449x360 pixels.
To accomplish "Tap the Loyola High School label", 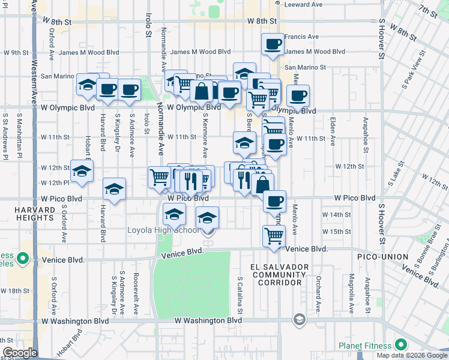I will [x=164, y=230].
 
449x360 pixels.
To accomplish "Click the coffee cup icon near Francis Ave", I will [x=273, y=44].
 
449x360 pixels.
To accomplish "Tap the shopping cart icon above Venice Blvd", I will [x=273, y=236].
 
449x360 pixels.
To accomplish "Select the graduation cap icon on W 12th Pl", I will [x=82, y=170].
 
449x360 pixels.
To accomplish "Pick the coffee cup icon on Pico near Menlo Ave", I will [x=274, y=201].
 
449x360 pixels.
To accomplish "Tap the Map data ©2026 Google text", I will [x=412, y=355].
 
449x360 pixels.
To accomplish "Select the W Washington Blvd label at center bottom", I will [x=208, y=321].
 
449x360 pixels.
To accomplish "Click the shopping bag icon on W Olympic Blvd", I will [x=202, y=91].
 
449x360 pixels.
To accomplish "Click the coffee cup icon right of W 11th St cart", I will [x=274, y=144].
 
